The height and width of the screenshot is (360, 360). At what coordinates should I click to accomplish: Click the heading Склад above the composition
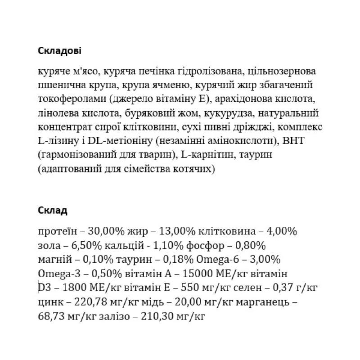click(x=53, y=210)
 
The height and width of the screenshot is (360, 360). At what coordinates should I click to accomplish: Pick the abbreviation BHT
click(x=296, y=140)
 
